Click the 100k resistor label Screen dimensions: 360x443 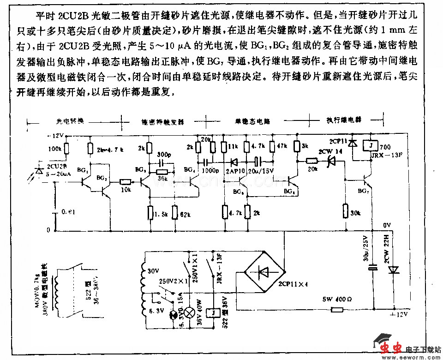pyautogui.click(x=54, y=149)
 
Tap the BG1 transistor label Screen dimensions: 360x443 pyautogui.click(x=84, y=170)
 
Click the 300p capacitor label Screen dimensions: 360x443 pyautogui.click(x=163, y=154)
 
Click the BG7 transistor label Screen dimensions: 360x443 pyautogui.click(x=364, y=190)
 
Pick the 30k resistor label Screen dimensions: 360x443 pyautogui.click(x=356, y=213)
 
